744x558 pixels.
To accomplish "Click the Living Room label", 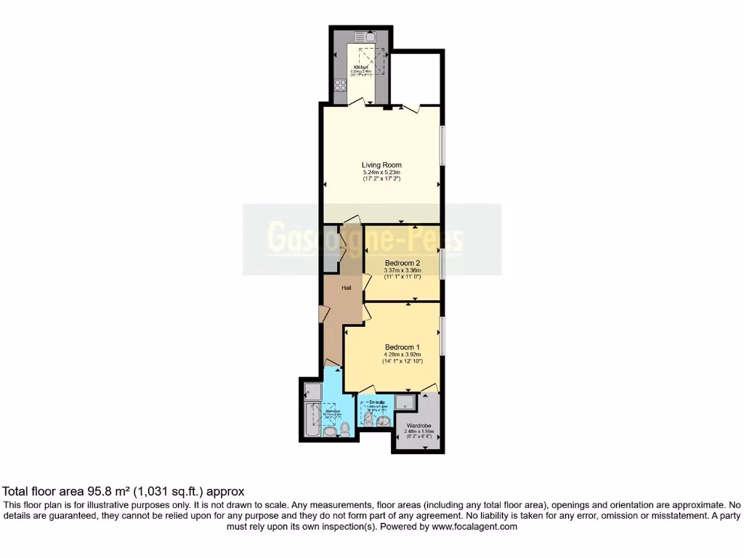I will click(x=381, y=165).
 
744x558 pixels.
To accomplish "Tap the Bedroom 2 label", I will click(x=403, y=263).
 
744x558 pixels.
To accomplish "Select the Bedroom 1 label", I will click(x=403, y=346).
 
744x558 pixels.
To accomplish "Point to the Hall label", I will click(x=347, y=288).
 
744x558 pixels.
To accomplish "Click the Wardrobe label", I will click(x=419, y=425).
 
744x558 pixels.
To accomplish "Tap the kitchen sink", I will click(x=363, y=37).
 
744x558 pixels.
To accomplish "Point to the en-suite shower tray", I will click(x=407, y=402).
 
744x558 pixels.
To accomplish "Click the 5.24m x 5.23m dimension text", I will click(x=381, y=172).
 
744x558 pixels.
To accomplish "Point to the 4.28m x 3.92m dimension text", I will click(x=403, y=354).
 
